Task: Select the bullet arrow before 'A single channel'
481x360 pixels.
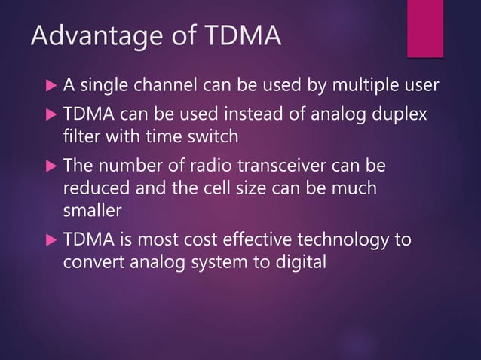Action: [50, 85]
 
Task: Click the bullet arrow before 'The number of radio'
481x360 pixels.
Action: [50, 165]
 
